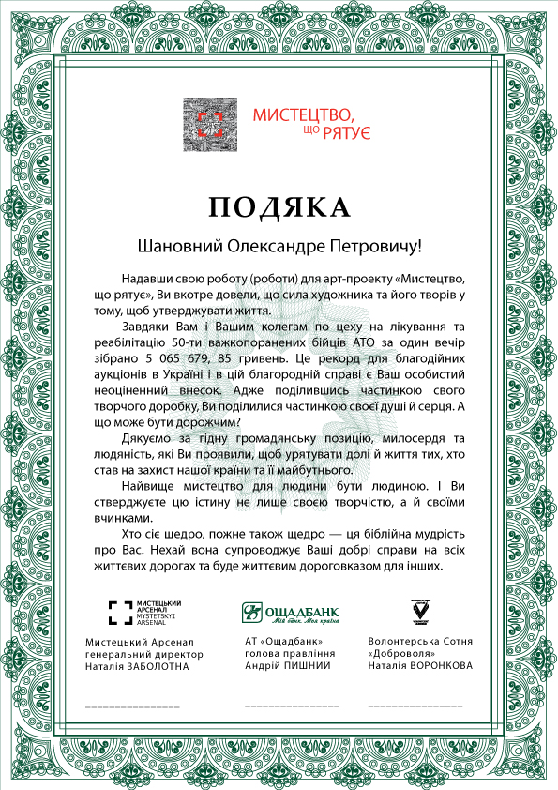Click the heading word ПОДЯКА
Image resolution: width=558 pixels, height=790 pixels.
pos(279,206)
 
